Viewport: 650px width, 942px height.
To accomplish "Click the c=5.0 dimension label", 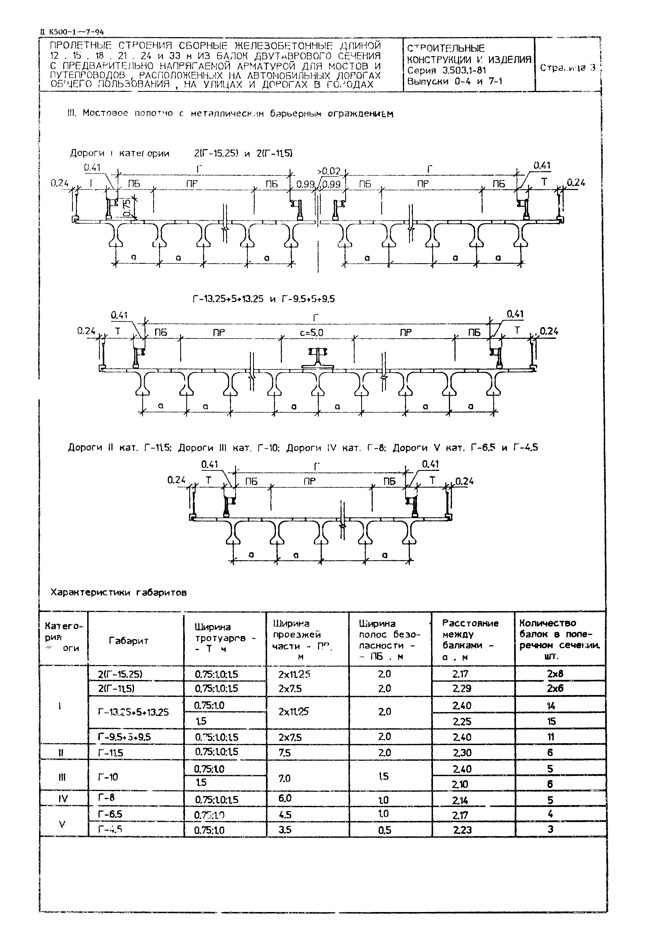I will tap(312, 333).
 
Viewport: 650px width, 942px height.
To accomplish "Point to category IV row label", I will tap(63, 800).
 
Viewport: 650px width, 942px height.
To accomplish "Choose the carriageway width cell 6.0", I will tap(285, 798).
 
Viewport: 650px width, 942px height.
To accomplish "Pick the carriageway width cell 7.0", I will tap(285, 778).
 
